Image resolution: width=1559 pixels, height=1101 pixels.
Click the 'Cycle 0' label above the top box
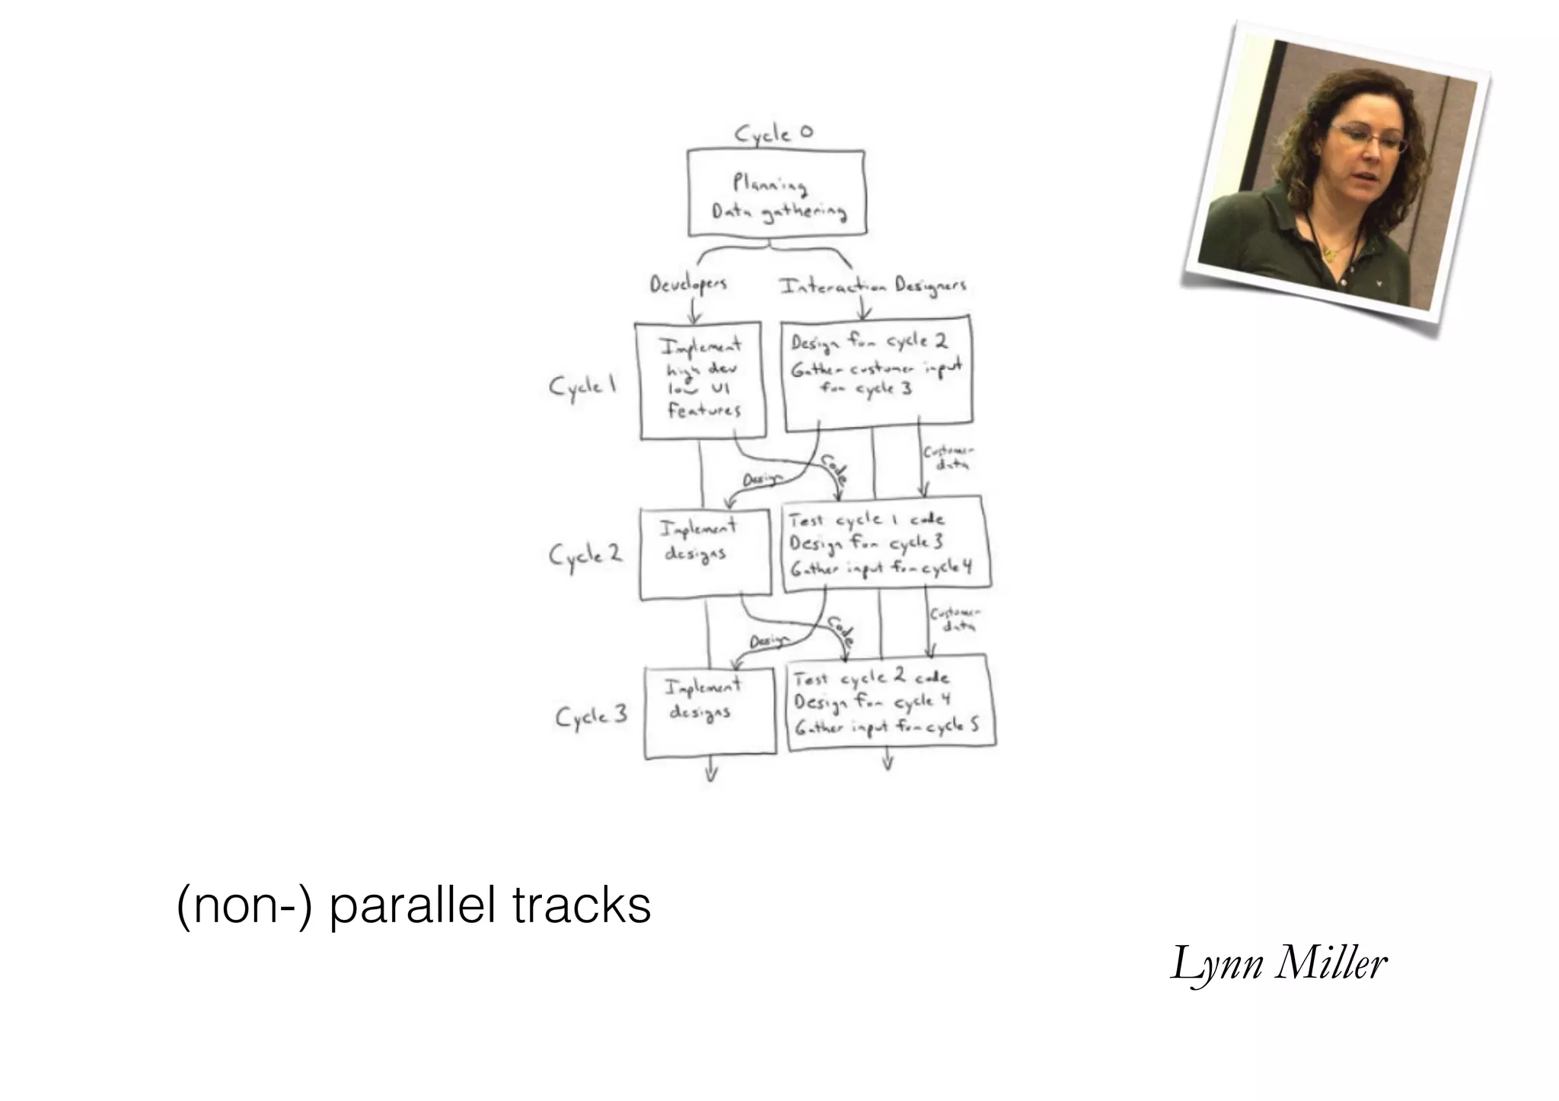(773, 134)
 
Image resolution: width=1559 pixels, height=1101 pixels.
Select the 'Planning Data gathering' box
(776, 193)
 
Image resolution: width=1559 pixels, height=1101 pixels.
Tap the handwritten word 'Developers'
(688, 285)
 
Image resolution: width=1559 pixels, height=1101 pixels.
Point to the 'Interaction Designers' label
(872, 286)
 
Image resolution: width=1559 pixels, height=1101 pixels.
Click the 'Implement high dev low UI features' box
(701, 380)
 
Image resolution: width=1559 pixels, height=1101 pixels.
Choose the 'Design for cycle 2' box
(877, 371)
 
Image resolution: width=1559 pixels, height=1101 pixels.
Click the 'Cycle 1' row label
(582, 387)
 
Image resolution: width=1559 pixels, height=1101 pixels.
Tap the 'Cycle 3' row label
(591, 717)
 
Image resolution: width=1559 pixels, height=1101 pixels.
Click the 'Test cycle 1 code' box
(886, 544)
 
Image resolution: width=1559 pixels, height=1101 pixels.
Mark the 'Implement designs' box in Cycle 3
(709, 712)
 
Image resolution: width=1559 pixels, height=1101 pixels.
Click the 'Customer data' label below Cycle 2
(955, 619)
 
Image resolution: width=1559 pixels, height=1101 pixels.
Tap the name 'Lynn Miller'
(1279, 964)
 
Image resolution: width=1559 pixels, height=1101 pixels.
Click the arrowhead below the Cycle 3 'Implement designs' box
(711, 775)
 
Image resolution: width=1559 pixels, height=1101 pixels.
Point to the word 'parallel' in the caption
(412, 905)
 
